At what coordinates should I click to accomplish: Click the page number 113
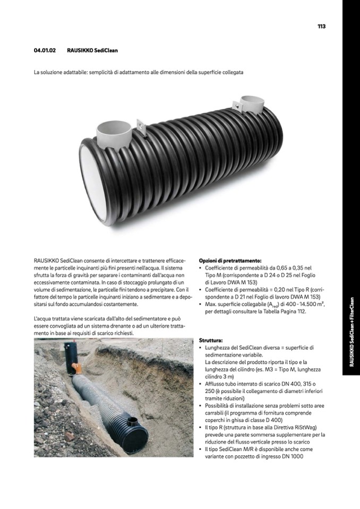coord(321,26)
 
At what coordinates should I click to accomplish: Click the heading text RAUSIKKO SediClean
coord(92,51)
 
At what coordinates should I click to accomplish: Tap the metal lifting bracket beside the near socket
coord(141,125)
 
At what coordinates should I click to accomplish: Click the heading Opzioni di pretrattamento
coord(230,261)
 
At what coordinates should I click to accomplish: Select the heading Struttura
coord(210,340)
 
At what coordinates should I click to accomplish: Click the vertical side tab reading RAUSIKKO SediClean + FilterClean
coord(352,331)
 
